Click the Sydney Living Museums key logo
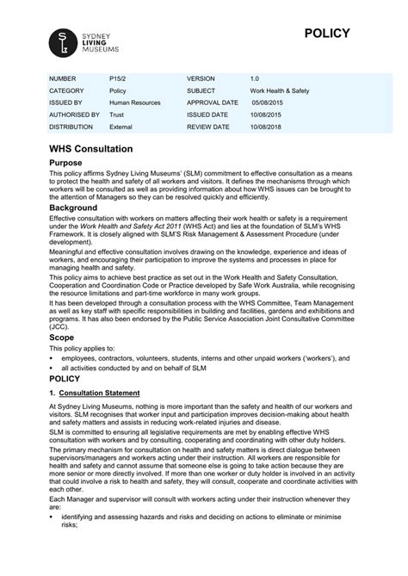click(62, 40)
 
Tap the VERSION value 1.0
click(255, 77)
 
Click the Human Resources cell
click(134, 102)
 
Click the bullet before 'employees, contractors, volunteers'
click(53, 332)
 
